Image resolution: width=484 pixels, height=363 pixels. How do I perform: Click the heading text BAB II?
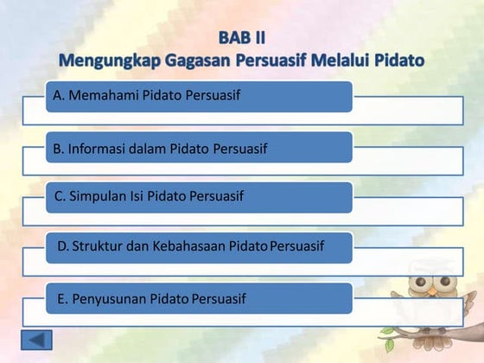tap(242, 38)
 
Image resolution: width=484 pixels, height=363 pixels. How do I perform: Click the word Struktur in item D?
tap(97, 246)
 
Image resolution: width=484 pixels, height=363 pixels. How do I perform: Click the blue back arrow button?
tap(36, 341)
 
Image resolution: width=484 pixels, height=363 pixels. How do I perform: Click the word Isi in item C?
tap(135, 197)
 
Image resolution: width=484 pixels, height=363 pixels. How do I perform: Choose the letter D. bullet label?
tap(62, 246)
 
